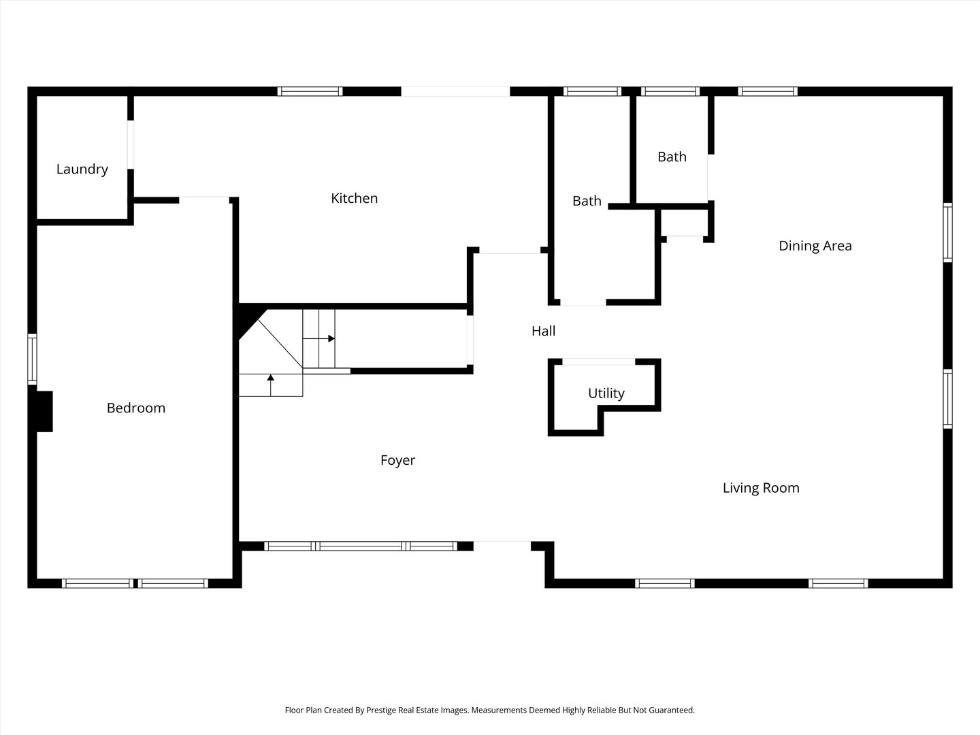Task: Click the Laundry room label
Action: (x=82, y=169)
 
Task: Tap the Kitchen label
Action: (x=354, y=198)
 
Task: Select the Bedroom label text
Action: (x=136, y=408)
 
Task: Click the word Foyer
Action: (x=397, y=460)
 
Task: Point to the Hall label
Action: (x=543, y=331)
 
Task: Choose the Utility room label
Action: (x=606, y=393)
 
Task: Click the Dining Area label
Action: (x=815, y=246)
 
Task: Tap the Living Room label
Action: (x=760, y=488)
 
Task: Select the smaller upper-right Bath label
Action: (x=672, y=157)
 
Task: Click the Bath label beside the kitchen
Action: (x=587, y=201)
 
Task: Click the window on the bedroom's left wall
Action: (x=32, y=359)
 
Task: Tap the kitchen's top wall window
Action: (x=310, y=91)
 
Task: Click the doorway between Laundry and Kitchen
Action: (x=131, y=144)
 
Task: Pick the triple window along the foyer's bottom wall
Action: (x=360, y=546)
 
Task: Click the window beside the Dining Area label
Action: (x=947, y=232)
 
